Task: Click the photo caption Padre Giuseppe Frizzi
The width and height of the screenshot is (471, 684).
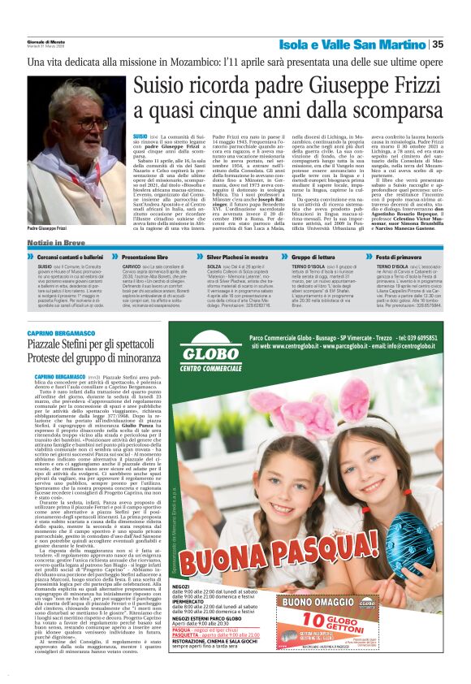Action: tap(49, 230)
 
